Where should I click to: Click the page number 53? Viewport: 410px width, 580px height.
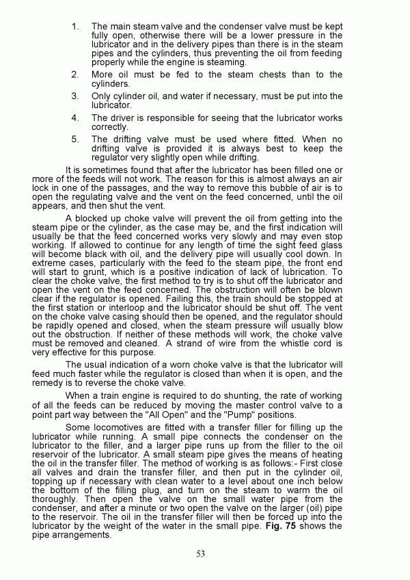(200, 554)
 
